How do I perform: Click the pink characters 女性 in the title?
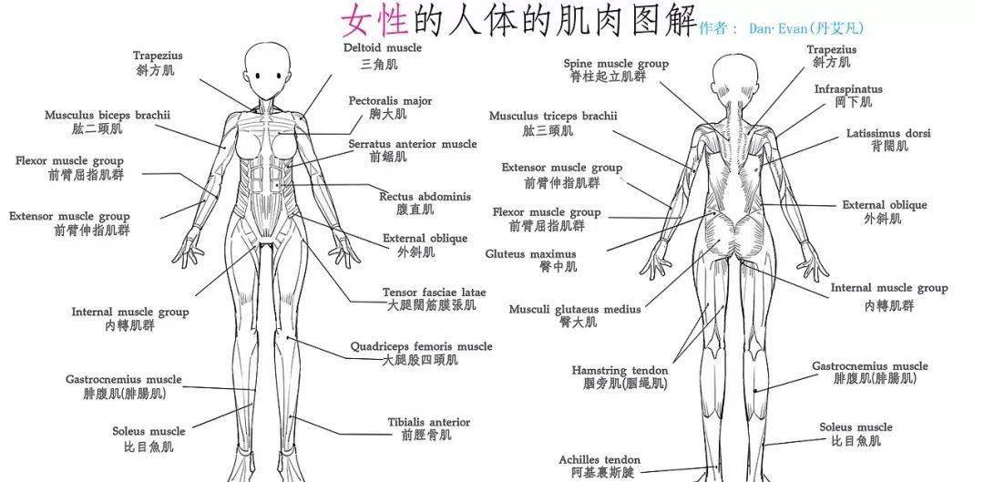(x=374, y=20)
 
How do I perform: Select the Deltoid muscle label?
(x=382, y=47)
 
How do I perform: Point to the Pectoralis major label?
(x=390, y=101)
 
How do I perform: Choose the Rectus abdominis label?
(x=425, y=197)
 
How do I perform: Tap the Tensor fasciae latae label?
(x=435, y=292)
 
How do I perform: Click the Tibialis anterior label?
(x=428, y=423)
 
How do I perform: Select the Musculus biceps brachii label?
(x=108, y=116)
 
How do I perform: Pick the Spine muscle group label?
(x=616, y=64)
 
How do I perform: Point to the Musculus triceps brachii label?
(x=553, y=116)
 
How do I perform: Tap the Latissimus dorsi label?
(x=888, y=133)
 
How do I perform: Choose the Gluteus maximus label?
(x=530, y=254)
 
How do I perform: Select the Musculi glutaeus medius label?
(x=575, y=310)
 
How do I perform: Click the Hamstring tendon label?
(x=620, y=371)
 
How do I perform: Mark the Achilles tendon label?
(x=600, y=460)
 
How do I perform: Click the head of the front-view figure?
(x=268, y=70)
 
